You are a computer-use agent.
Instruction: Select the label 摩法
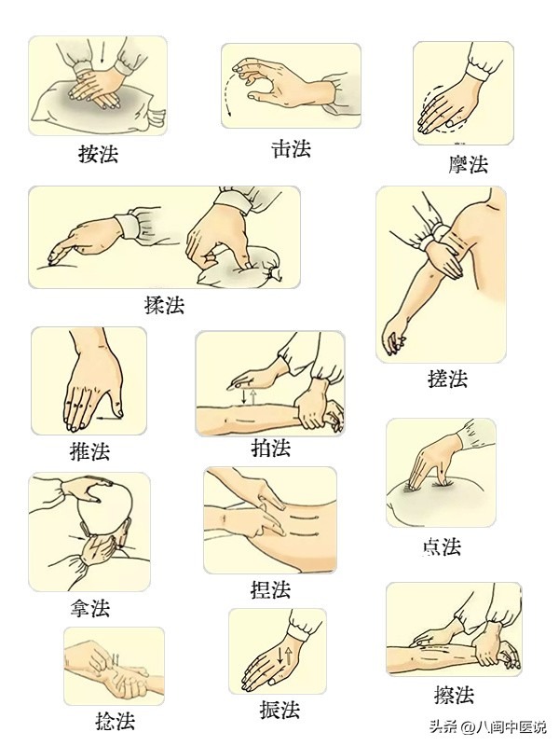(468, 165)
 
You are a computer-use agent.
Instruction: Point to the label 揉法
(164, 305)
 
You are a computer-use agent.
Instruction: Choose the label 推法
(89, 452)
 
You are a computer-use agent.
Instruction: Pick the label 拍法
(271, 448)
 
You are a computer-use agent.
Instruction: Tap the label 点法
(441, 546)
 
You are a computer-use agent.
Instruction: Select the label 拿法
(89, 609)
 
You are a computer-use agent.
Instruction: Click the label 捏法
(271, 589)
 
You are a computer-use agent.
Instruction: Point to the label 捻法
(115, 721)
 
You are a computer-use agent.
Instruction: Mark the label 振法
(279, 710)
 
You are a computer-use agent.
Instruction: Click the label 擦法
(454, 695)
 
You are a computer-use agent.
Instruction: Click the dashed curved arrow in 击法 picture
(230, 99)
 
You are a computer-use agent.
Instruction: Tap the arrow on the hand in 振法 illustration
(288, 654)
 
